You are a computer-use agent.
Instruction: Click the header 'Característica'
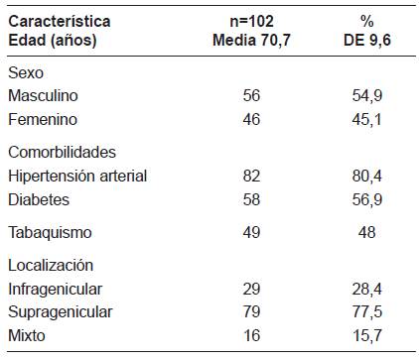point(59,20)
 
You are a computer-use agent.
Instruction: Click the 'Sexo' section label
point(26,74)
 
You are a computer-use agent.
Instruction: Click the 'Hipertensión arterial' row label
point(76,176)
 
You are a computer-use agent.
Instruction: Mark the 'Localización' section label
point(50,266)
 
